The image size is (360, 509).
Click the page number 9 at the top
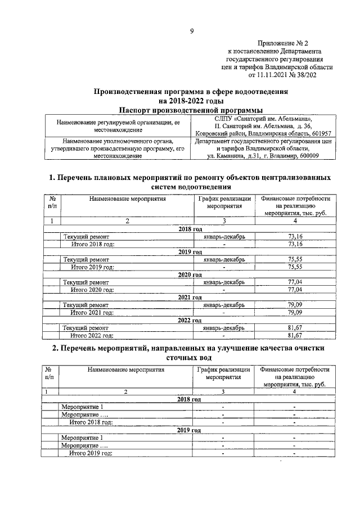click(191, 31)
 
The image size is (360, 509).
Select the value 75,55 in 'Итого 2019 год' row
click(295, 267)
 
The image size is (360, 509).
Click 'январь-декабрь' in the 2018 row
click(223, 237)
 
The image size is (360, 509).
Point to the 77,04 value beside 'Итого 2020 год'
click(295, 290)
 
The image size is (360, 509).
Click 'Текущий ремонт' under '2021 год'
click(85, 305)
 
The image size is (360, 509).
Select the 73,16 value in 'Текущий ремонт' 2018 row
click(295, 237)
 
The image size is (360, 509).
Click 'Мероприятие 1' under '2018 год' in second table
click(83, 407)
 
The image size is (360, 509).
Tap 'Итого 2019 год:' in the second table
click(91, 452)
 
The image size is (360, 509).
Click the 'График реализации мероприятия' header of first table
click(224, 202)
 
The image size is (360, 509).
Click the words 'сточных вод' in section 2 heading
click(190, 358)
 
